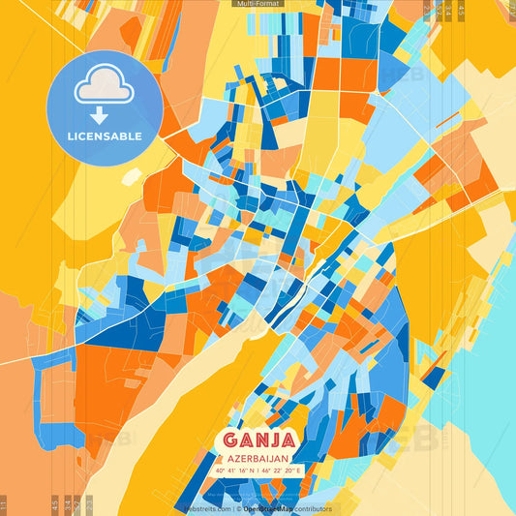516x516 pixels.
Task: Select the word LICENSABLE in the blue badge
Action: tap(105, 136)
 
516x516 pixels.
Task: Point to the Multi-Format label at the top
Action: tap(258, 4)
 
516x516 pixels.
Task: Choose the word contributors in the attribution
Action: tap(311, 508)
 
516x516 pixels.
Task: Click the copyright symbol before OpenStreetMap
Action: tap(237, 508)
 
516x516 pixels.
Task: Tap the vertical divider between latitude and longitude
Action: tap(258, 471)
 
